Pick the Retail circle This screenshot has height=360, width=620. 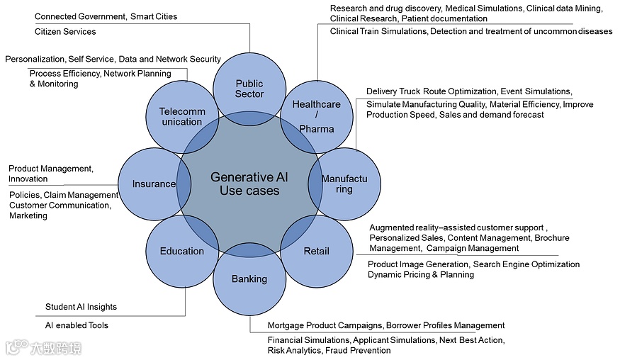tap(316, 251)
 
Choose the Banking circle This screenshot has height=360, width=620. tap(249, 279)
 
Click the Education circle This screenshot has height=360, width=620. tap(181, 251)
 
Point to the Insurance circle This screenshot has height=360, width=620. tap(153, 184)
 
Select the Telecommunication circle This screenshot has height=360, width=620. tap(181, 116)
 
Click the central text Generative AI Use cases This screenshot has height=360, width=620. tap(244, 184)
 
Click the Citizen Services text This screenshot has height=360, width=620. tap(65, 32)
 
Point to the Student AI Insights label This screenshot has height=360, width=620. tap(81, 307)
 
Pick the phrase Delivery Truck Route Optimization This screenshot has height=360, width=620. tap(432, 91)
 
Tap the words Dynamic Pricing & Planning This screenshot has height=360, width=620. tap(420, 275)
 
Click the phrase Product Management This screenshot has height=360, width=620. tap(50, 169)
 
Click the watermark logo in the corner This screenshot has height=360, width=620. tap(43, 348)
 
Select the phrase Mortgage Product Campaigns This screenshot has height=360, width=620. tap(325, 325)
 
